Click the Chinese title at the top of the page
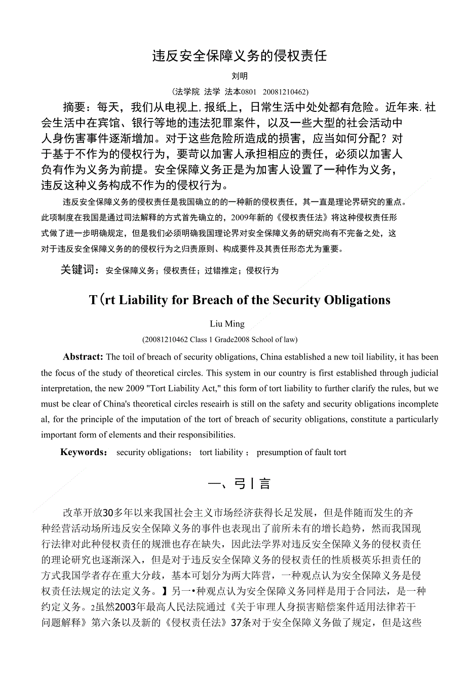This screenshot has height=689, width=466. (240, 56)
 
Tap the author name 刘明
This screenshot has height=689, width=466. (240, 76)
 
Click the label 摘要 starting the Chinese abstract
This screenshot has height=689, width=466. (74, 107)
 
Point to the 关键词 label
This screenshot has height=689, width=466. (79, 270)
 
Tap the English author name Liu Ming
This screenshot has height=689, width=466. (227, 324)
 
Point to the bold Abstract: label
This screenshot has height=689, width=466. (83, 357)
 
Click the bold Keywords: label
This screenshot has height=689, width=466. (84, 452)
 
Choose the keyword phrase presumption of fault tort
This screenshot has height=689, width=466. (301, 453)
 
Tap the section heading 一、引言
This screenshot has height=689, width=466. (240, 484)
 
